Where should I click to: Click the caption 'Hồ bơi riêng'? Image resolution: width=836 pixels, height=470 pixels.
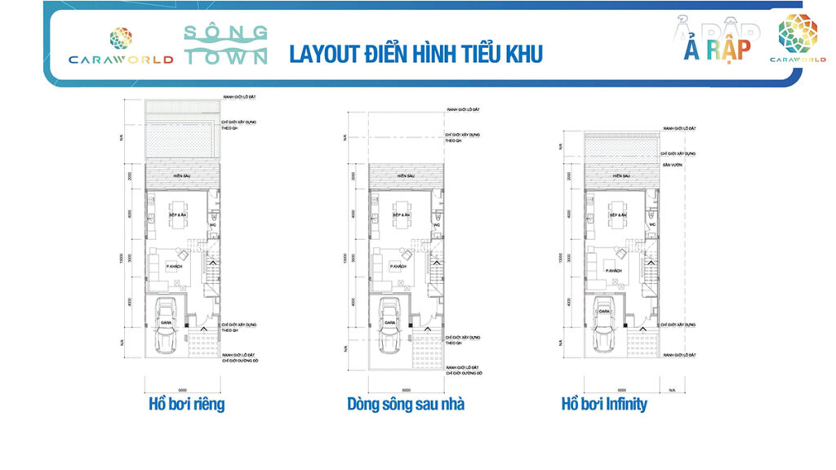pyautogui.click(x=186, y=404)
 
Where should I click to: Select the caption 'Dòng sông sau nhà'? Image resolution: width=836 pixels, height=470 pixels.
pyautogui.click(x=405, y=404)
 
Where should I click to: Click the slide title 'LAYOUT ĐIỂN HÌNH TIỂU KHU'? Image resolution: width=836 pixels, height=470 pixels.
pyautogui.click(x=416, y=54)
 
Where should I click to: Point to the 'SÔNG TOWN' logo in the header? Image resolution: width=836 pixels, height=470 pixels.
pyautogui.click(x=225, y=45)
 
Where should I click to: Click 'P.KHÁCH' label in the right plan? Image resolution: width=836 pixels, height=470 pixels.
pyautogui.click(x=614, y=270)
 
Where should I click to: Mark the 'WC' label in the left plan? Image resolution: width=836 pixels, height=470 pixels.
pyautogui.click(x=213, y=224)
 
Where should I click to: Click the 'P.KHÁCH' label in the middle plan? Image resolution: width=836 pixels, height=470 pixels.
pyautogui.click(x=398, y=267)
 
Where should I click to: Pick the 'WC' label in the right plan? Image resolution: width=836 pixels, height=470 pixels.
pyautogui.click(x=652, y=224)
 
